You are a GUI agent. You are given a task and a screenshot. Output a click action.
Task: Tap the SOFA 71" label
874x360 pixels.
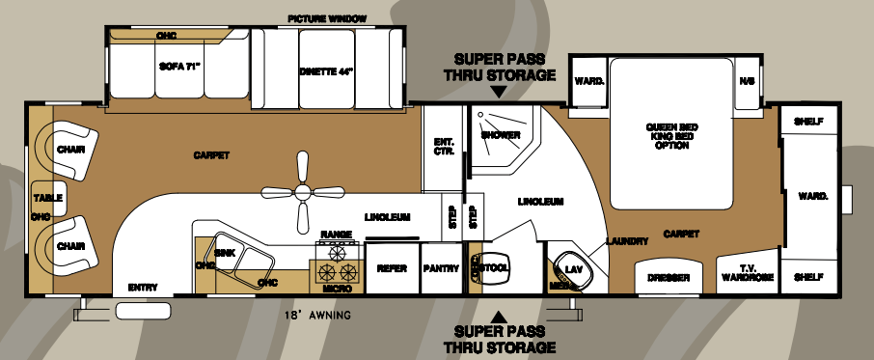point(178,68)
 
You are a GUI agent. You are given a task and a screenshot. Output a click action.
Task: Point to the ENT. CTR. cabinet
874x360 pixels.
point(444,146)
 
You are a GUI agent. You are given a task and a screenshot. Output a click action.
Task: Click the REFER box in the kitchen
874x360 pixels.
point(392,268)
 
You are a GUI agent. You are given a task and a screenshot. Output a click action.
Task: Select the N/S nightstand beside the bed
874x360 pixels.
point(746,81)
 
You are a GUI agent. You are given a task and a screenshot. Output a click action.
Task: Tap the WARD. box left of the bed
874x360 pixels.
point(588,81)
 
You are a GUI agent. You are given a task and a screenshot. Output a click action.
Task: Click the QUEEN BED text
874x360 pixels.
point(671,127)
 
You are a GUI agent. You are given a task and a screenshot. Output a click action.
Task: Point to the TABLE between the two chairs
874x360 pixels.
point(48,198)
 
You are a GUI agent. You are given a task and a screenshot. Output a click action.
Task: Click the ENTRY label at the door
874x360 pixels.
point(143,288)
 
